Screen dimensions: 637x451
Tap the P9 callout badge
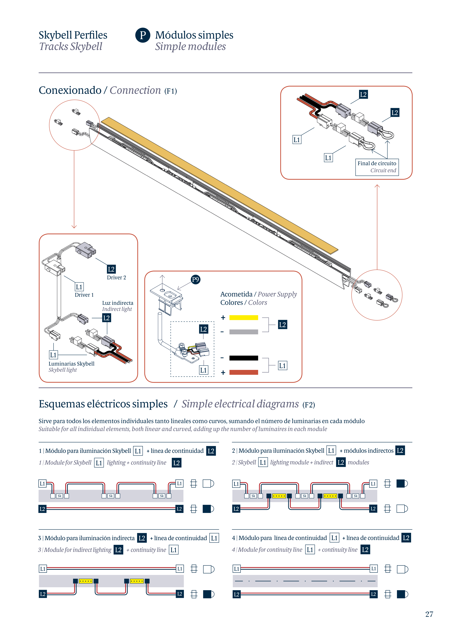(x=196, y=279)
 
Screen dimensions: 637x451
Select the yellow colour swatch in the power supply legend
(x=243, y=318)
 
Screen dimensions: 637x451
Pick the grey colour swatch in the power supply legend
(x=243, y=332)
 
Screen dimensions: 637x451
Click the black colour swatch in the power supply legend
(x=243, y=358)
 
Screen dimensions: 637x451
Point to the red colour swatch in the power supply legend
(x=243, y=372)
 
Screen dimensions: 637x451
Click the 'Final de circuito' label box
(x=377, y=167)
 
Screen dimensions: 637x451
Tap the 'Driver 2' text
(x=116, y=277)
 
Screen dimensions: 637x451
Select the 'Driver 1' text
(x=84, y=295)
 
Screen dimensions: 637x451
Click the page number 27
(x=429, y=614)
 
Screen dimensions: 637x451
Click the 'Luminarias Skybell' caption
(x=71, y=364)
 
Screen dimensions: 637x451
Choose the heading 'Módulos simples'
(x=194, y=35)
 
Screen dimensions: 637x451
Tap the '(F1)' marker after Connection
(x=171, y=91)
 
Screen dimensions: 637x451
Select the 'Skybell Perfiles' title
(x=73, y=35)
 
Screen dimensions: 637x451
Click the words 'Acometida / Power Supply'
(x=258, y=294)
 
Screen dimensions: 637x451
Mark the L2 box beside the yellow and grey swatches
(x=282, y=325)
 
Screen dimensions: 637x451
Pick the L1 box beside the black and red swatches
(x=282, y=366)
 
